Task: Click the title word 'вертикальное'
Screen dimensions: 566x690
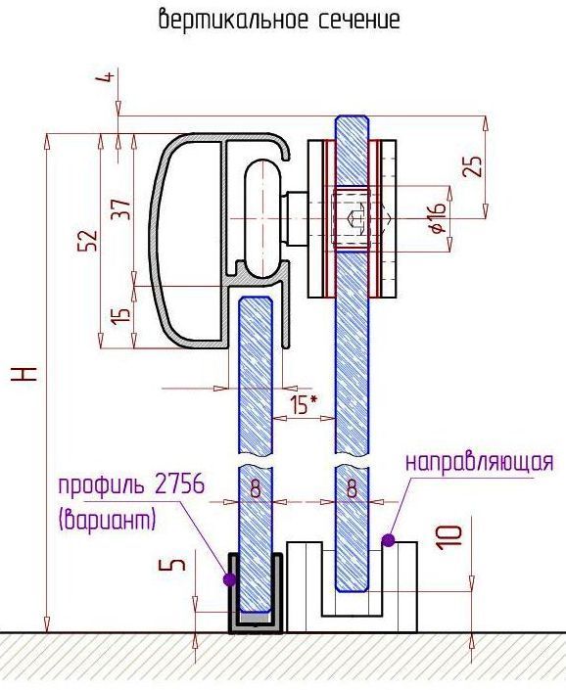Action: click(x=234, y=20)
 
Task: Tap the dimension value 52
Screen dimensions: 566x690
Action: click(x=87, y=240)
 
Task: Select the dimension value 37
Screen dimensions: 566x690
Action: click(x=121, y=209)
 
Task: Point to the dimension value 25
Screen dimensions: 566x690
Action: click(x=473, y=166)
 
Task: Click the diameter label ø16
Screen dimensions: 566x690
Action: click(x=437, y=218)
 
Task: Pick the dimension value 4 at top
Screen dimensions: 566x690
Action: click(x=106, y=77)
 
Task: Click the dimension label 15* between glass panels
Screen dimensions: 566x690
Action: click(x=305, y=404)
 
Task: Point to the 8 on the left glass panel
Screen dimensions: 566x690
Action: click(x=255, y=488)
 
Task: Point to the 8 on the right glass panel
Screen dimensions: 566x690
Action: click(x=352, y=488)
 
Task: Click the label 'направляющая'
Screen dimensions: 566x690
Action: click(x=479, y=463)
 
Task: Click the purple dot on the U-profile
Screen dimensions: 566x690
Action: click(x=229, y=579)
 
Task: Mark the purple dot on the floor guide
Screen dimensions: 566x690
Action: click(x=388, y=540)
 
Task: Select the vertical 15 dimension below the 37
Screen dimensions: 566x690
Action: click(x=121, y=315)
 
